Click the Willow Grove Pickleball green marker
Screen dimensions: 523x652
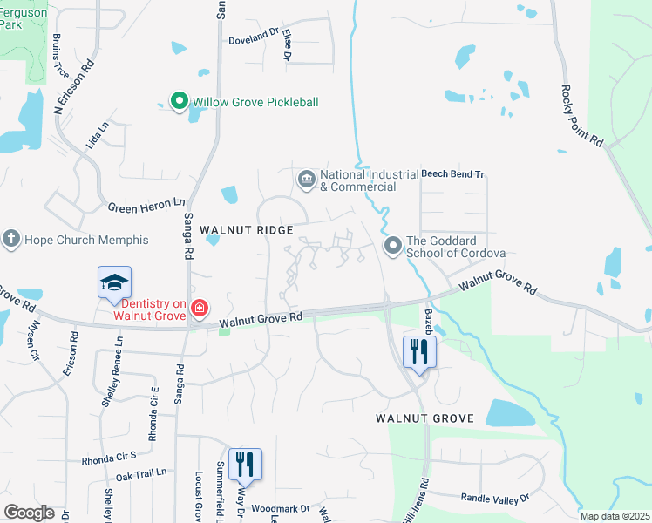coord(179,102)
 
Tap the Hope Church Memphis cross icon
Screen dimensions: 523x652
coord(11,240)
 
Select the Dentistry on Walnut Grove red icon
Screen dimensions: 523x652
coord(199,308)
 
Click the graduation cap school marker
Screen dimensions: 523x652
coord(114,283)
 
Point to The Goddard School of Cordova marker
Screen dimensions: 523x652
coord(393,246)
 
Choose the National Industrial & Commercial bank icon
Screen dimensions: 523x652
coord(306,180)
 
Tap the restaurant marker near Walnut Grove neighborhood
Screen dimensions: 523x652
coord(419,352)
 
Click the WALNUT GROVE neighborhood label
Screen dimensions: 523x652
coord(424,418)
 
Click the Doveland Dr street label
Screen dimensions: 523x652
coord(253,40)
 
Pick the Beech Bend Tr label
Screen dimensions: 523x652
coord(452,174)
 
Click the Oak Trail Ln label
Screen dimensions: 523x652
coord(140,474)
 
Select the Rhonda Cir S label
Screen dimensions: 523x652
coord(109,458)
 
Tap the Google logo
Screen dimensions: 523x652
coord(30,513)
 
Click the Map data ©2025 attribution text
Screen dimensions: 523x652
coord(614,516)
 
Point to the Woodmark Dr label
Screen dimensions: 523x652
coord(281,508)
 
